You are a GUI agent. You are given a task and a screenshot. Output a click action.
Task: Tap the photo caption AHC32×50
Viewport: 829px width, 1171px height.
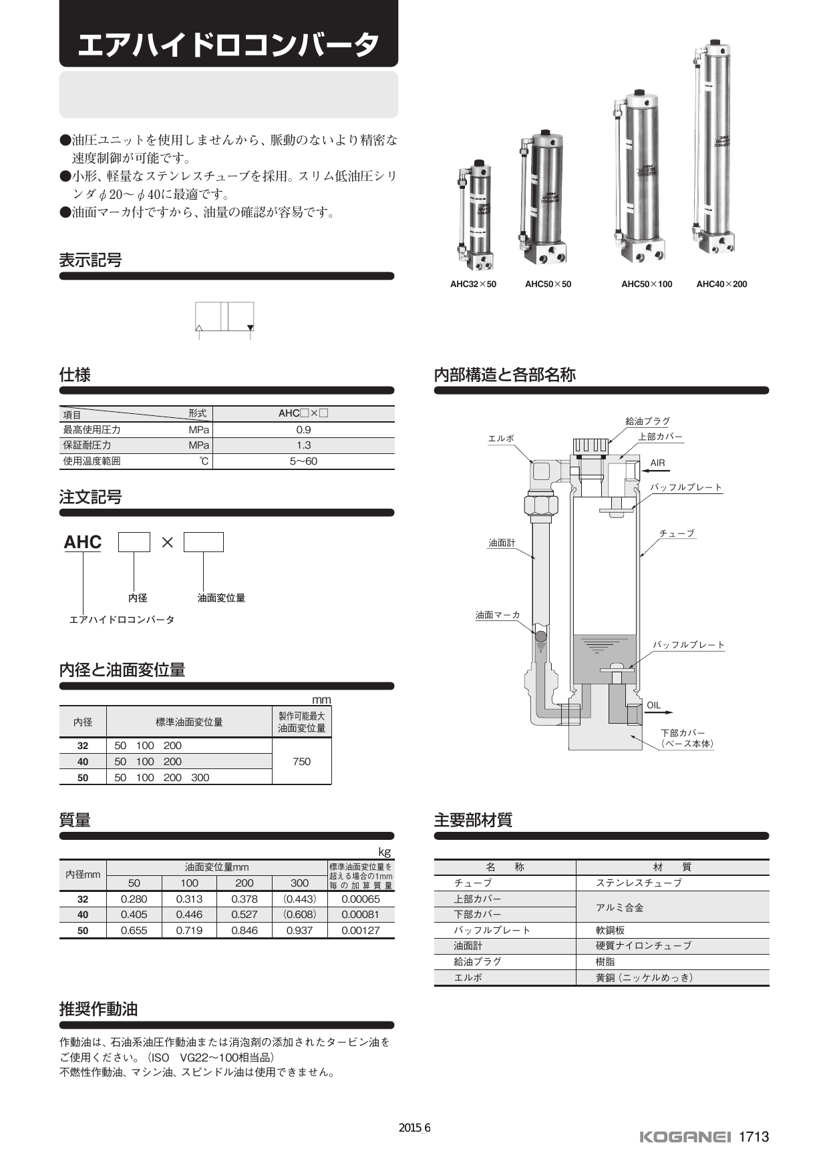tap(473, 284)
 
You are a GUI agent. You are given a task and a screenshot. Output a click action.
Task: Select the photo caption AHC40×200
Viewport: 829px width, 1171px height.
tap(721, 284)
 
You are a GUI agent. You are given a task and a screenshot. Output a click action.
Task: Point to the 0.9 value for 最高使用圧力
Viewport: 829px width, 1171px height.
tap(303, 430)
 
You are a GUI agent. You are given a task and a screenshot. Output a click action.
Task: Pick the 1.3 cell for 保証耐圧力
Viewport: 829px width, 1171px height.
tap(303, 445)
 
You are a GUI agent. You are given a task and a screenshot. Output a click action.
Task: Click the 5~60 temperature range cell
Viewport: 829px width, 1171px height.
tap(303, 461)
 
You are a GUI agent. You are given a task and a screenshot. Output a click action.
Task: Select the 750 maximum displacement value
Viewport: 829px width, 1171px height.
tap(301, 762)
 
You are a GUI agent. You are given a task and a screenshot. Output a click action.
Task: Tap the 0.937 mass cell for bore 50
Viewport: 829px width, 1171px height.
tap(299, 931)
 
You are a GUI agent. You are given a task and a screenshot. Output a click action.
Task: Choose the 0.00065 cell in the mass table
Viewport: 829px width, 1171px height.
tap(361, 899)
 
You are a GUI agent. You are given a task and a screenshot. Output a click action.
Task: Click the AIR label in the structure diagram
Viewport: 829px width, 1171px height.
tap(657, 463)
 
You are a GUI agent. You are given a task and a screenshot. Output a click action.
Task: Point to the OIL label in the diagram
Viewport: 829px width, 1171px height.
tap(653, 706)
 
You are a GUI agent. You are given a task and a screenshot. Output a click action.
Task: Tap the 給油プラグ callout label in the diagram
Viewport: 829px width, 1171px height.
tap(647, 421)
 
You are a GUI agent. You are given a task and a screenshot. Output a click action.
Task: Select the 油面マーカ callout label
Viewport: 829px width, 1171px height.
tap(498, 615)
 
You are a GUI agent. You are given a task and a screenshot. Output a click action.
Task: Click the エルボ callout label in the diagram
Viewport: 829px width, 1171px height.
tap(501, 439)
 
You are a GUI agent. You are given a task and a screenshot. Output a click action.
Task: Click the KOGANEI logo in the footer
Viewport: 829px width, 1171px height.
tap(685, 1137)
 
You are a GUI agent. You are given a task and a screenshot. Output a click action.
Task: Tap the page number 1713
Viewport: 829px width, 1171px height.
tap(754, 1137)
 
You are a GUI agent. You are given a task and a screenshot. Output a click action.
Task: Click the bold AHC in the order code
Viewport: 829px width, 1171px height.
tap(83, 542)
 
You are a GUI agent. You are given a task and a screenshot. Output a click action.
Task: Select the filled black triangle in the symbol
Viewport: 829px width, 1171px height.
tap(251, 328)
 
